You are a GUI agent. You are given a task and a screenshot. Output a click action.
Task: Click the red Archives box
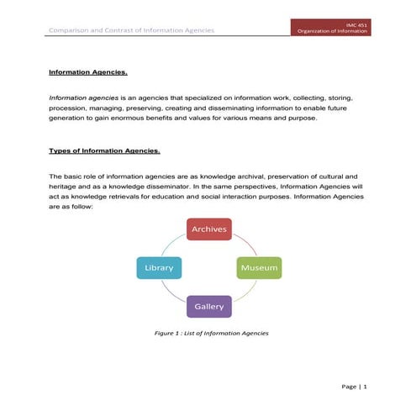point(208,229)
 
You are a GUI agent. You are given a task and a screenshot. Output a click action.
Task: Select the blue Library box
point(159,268)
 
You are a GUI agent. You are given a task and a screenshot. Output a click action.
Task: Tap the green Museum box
point(258,268)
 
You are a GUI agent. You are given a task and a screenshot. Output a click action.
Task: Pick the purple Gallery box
point(208,306)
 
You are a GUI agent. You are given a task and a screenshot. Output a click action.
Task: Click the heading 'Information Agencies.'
point(87,72)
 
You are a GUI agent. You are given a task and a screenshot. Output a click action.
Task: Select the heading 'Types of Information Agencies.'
point(104,150)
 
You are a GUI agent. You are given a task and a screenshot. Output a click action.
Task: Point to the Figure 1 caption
point(211,334)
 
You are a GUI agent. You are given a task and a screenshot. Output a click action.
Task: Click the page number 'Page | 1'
point(354,386)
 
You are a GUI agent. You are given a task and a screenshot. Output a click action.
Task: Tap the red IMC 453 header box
point(331,29)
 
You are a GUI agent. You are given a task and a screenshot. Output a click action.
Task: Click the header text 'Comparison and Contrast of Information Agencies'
point(131,31)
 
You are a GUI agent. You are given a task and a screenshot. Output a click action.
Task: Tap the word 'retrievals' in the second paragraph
point(124,197)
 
